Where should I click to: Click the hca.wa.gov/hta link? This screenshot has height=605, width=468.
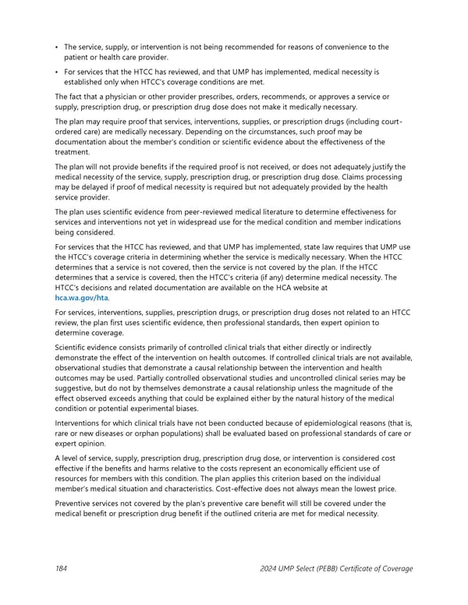click(x=82, y=297)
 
